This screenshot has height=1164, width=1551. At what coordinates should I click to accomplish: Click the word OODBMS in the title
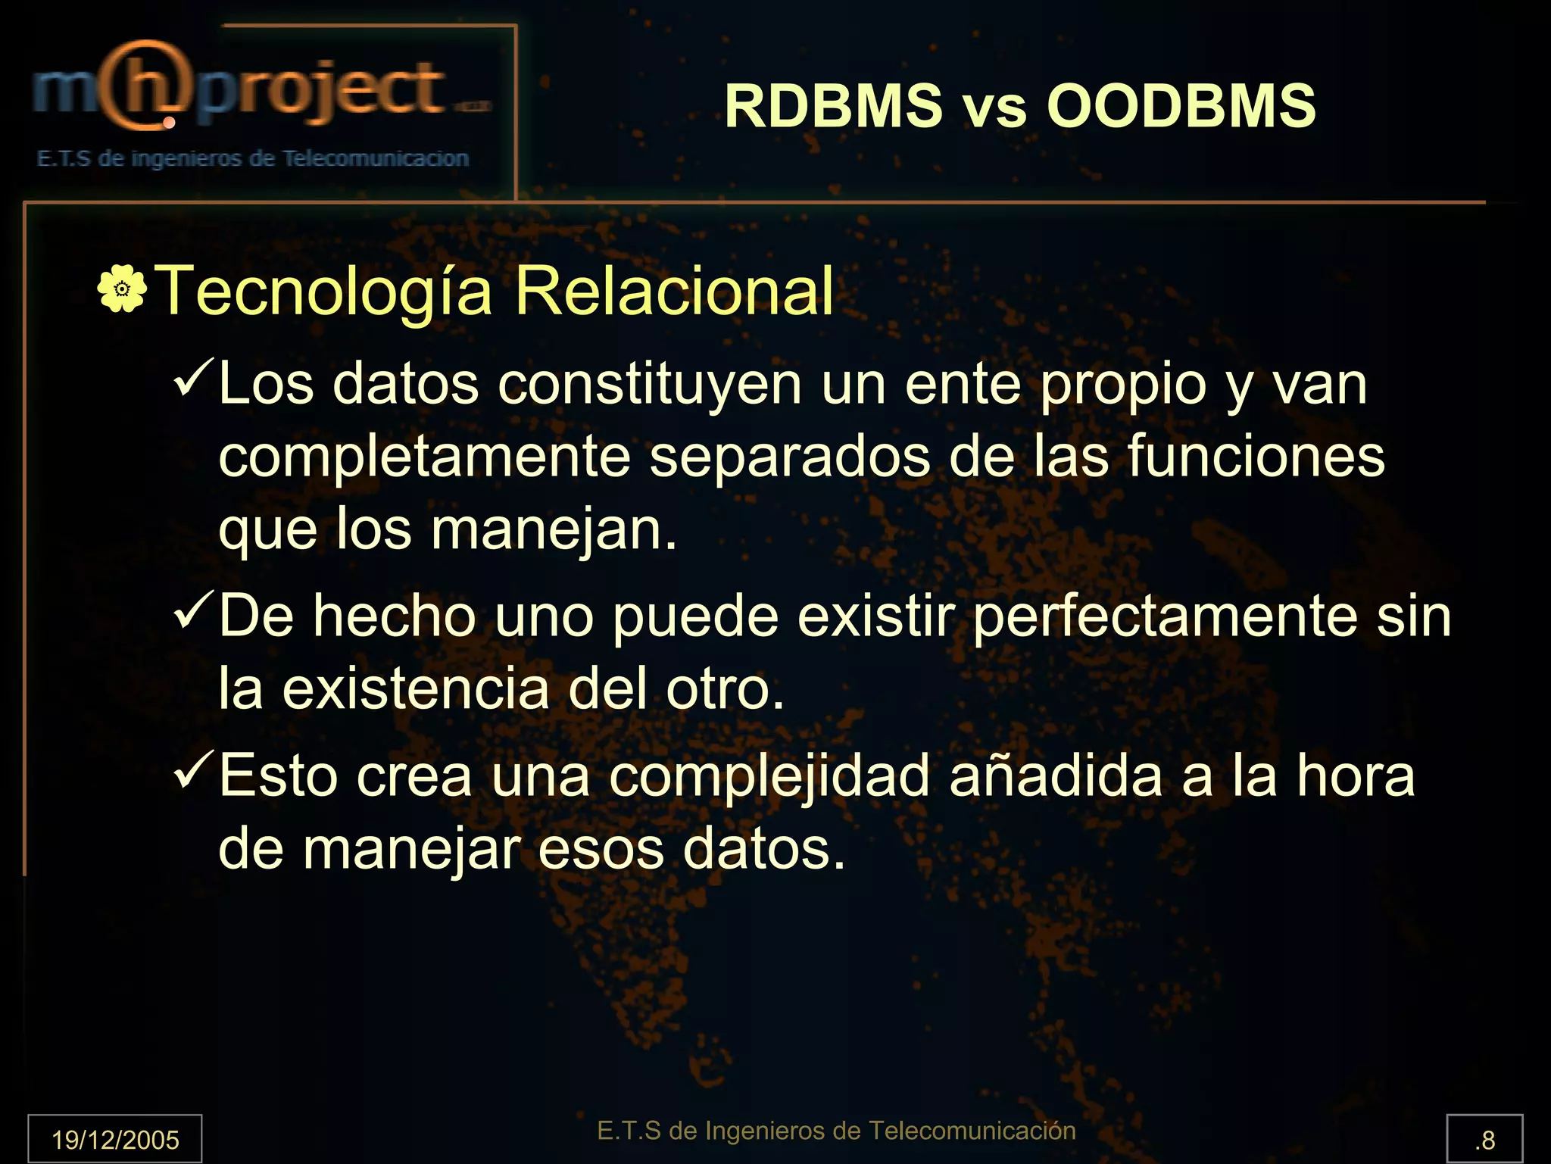click(1181, 106)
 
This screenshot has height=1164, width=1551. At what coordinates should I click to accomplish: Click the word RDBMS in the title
click(834, 106)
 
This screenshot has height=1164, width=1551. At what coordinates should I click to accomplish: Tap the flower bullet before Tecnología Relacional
click(122, 289)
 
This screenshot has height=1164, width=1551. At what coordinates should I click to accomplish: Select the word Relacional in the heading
click(674, 291)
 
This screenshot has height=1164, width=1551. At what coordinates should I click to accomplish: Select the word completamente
click(424, 457)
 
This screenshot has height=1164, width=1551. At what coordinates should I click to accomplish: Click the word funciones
click(1256, 457)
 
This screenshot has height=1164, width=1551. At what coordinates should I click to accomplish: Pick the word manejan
click(553, 529)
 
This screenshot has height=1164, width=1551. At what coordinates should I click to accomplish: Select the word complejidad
click(769, 776)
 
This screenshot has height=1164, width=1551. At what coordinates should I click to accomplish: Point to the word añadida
click(1056, 776)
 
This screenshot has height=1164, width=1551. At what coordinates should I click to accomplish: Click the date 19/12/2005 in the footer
click(115, 1139)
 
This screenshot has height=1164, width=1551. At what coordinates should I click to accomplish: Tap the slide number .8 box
click(1484, 1139)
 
